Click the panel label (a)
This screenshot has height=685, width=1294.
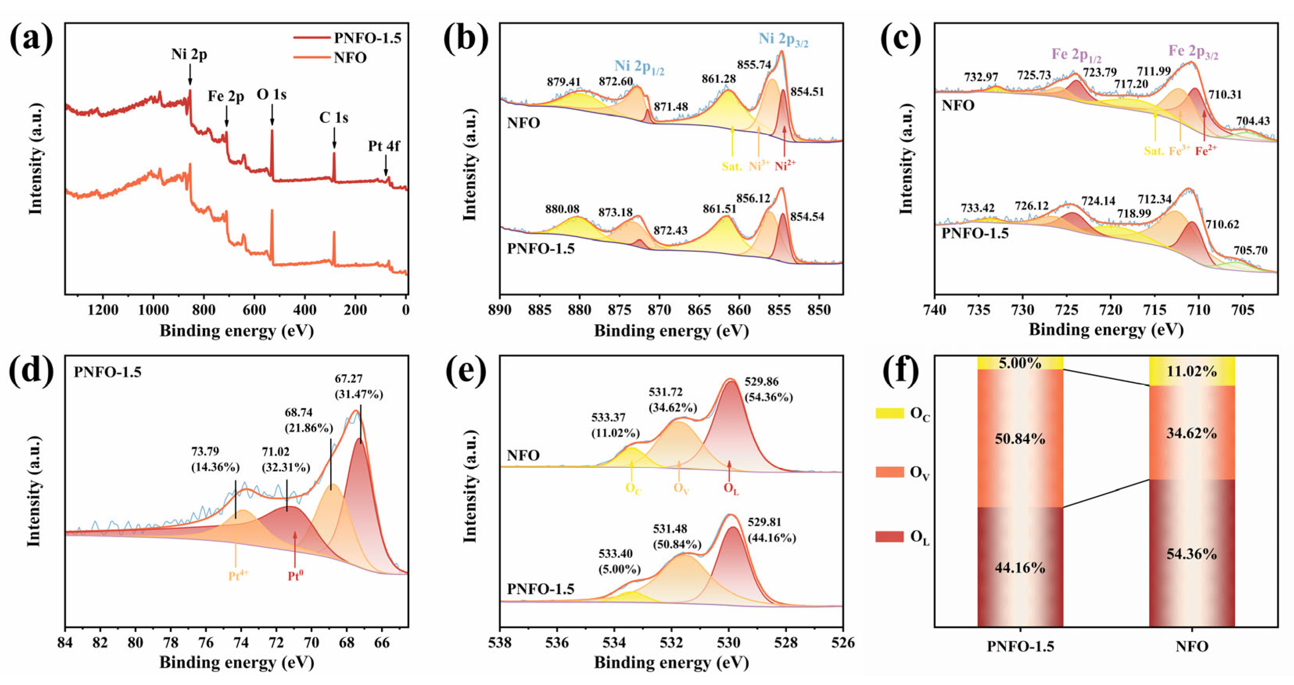[31, 39]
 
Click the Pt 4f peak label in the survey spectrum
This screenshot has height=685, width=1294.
[384, 146]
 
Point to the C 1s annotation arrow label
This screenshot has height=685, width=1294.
[333, 118]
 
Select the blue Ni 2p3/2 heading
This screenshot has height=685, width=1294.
[783, 39]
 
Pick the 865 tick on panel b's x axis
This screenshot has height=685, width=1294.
[699, 310]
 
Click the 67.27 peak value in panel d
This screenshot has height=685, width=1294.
[349, 379]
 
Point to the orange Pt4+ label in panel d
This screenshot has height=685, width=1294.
[238, 576]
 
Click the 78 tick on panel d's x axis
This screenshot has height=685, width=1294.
[171, 643]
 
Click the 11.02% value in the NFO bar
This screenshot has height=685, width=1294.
[1192, 371]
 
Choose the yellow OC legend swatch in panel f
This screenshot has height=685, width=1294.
[889, 413]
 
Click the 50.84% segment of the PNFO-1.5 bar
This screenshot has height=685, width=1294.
[1020, 439]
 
